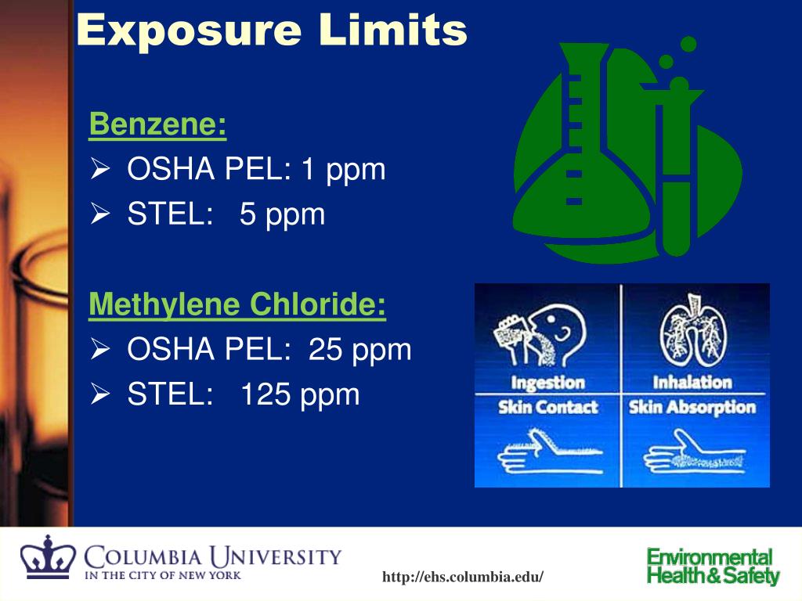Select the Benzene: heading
pos(157,124)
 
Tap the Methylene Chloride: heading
pos(237,304)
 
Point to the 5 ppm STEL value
pos(282,214)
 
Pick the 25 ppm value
pos(360,349)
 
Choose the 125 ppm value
pos(300,394)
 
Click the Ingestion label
pos(547,383)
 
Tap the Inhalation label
pos(692,383)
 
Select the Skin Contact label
pos(547,407)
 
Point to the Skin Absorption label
pos(692,407)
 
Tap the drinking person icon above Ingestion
pos(540,336)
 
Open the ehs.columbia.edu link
pos(462,578)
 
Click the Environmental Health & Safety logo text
pos(713,567)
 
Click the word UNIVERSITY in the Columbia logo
pos(279,557)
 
